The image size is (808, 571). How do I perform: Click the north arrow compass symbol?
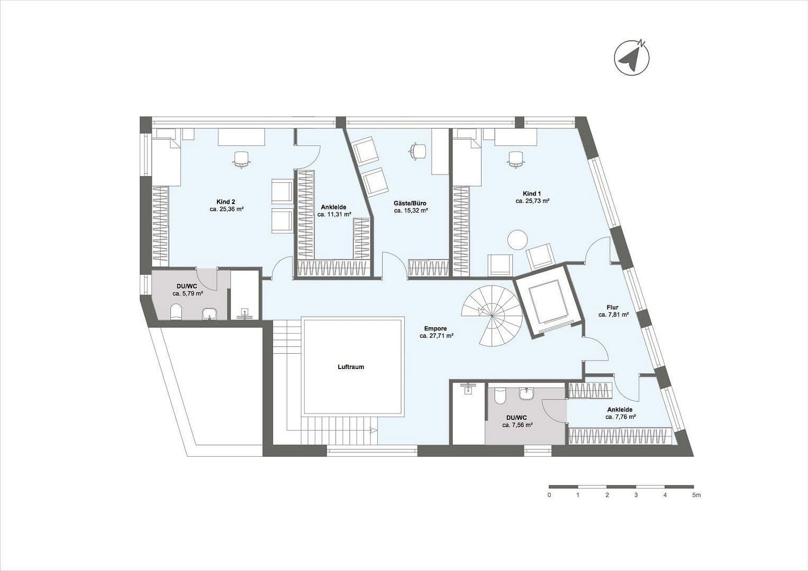click(x=631, y=57)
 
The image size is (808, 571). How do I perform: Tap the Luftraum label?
click(x=351, y=367)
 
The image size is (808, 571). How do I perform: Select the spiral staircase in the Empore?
click(x=492, y=316)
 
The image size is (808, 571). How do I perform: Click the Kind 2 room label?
click(x=226, y=201)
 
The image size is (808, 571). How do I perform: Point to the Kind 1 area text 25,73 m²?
click(x=532, y=201)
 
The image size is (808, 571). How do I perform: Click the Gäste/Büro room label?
click(x=410, y=203)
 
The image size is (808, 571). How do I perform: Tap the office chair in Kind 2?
click(x=241, y=159)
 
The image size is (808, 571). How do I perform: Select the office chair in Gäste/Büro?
click(x=418, y=151)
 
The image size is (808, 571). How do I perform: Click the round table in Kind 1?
click(x=517, y=240)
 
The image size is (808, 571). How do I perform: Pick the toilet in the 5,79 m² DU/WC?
click(x=176, y=313)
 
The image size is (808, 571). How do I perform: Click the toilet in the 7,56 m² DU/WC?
click(x=499, y=395)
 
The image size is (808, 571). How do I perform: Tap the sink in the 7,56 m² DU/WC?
click(x=526, y=394)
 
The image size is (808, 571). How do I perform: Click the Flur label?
click(x=613, y=307)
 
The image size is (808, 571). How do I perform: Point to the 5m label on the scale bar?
click(x=696, y=495)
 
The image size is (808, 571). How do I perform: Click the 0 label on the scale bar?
click(x=549, y=495)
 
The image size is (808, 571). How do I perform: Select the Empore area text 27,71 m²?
click(x=437, y=336)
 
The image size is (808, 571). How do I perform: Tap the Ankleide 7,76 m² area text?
click(x=620, y=417)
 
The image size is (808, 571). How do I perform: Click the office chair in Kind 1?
click(x=515, y=158)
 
